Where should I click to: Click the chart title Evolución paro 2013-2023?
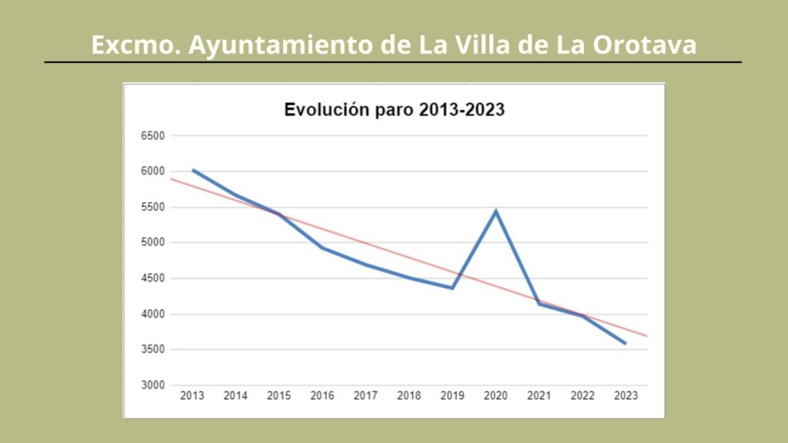[x=394, y=109]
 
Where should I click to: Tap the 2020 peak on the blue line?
[x=496, y=211]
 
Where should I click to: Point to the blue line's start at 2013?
[x=192, y=170]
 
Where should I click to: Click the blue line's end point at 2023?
[x=625, y=343]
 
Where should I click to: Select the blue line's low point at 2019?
[x=452, y=288]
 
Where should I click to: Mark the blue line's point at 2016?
[x=322, y=248]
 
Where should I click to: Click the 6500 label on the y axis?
[x=152, y=136]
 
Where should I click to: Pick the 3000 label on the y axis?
[x=152, y=385]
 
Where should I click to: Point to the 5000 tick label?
[x=152, y=243]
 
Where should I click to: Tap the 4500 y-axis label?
[x=152, y=278]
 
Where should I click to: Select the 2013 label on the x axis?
[x=192, y=396]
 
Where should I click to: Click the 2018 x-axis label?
[x=409, y=396]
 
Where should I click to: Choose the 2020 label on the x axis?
[x=496, y=396]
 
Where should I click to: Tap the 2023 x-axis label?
[x=626, y=396]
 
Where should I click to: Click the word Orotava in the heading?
[x=645, y=45]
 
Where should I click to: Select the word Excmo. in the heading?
[x=136, y=45]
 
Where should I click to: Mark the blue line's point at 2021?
[x=539, y=304]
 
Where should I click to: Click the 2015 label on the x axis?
[x=279, y=396]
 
